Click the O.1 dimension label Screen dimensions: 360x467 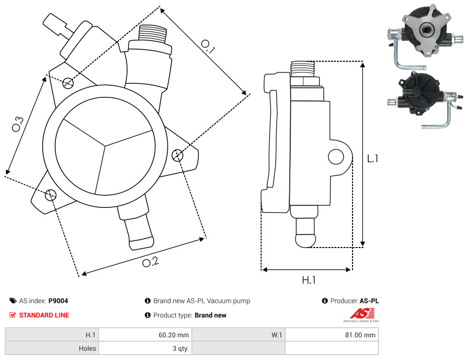(208, 46)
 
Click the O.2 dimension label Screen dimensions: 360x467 (150, 262)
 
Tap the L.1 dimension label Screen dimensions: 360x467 (372, 159)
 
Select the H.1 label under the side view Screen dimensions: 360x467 (308, 280)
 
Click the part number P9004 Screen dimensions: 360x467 (58, 301)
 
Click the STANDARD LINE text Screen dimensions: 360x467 (44, 315)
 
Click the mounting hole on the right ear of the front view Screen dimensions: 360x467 (177, 155)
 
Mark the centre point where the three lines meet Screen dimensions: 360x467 (105, 147)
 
